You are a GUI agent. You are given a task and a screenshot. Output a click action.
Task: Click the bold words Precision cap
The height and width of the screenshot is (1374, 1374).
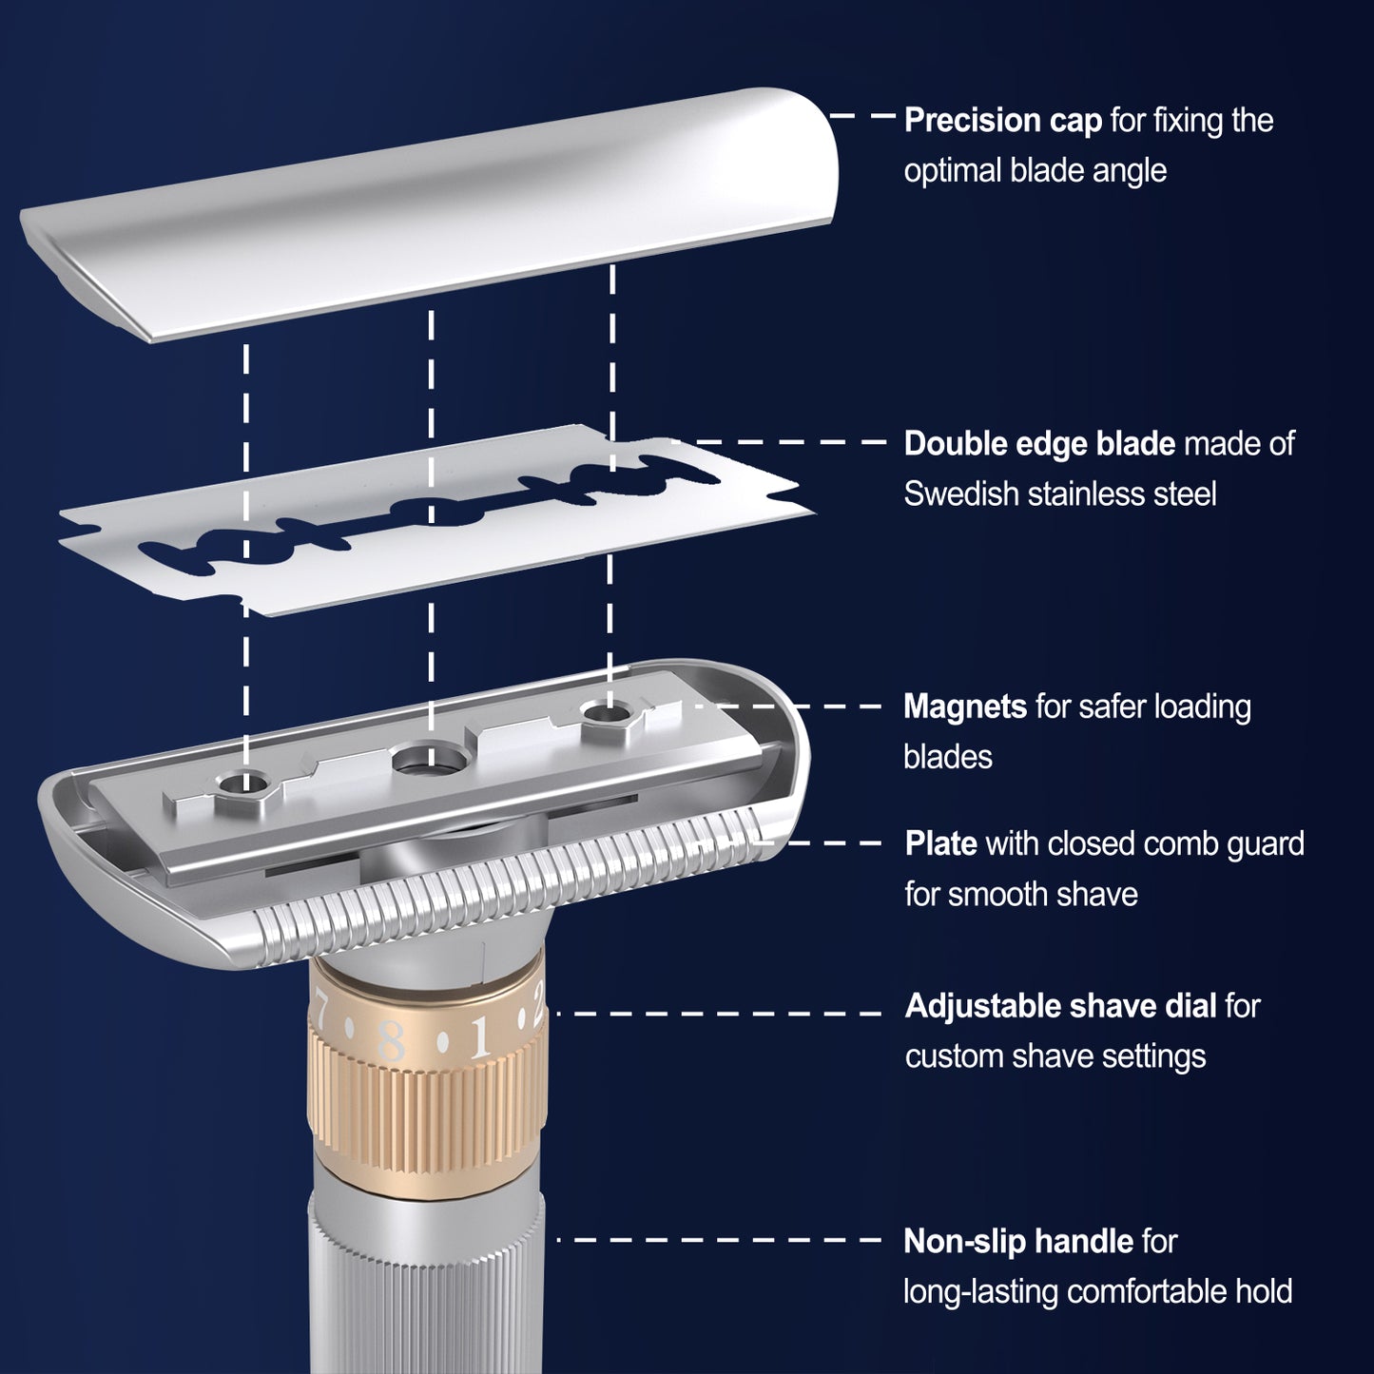point(1002,121)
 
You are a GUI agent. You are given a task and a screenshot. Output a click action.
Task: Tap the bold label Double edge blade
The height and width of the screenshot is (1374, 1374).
point(1039,443)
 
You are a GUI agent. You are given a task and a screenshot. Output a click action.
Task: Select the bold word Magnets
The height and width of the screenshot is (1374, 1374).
point(965,707)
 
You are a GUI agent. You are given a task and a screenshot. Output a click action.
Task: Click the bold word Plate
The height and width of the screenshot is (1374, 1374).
point(940,843)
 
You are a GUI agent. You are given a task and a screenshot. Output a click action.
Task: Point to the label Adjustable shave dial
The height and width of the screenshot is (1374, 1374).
point(1060,1006)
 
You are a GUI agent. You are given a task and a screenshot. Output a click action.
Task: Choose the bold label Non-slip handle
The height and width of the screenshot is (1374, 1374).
point(1018,1242)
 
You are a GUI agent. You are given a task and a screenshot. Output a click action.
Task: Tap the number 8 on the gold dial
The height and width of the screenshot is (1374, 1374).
point(392,1041)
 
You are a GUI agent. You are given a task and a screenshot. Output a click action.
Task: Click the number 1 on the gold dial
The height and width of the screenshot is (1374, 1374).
point(480,1036)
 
